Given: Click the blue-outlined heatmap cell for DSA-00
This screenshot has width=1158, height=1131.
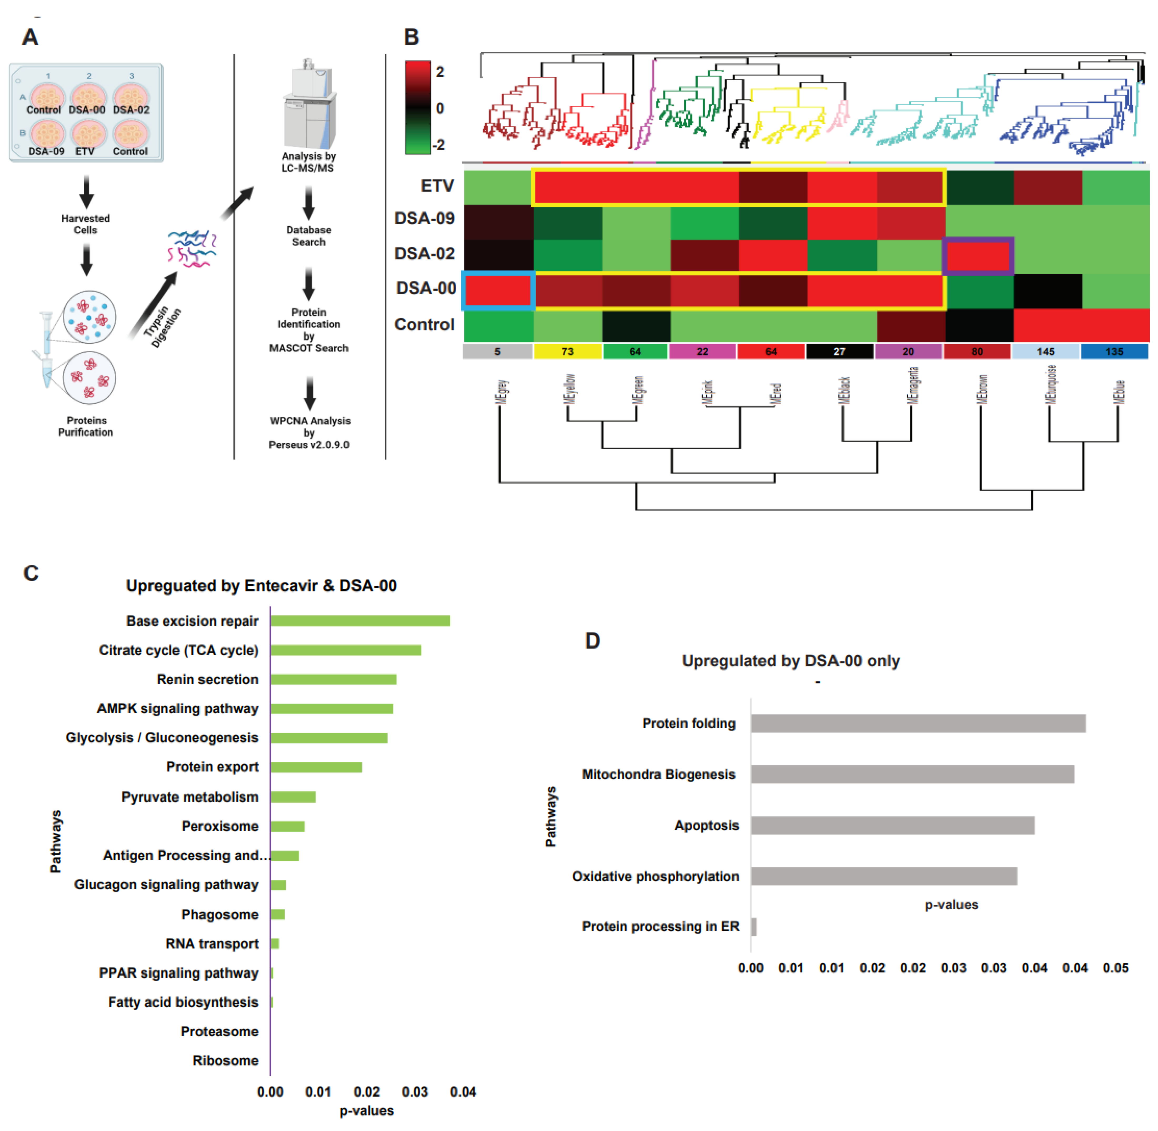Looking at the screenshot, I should (498, 290).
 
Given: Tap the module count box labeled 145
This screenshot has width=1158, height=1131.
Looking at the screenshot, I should (1045, 352).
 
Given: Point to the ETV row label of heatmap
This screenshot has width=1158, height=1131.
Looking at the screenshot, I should (437, 186).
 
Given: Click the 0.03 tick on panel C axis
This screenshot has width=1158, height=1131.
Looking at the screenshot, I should (415, 1092).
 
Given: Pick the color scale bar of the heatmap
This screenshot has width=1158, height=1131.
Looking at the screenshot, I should (417, 108).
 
